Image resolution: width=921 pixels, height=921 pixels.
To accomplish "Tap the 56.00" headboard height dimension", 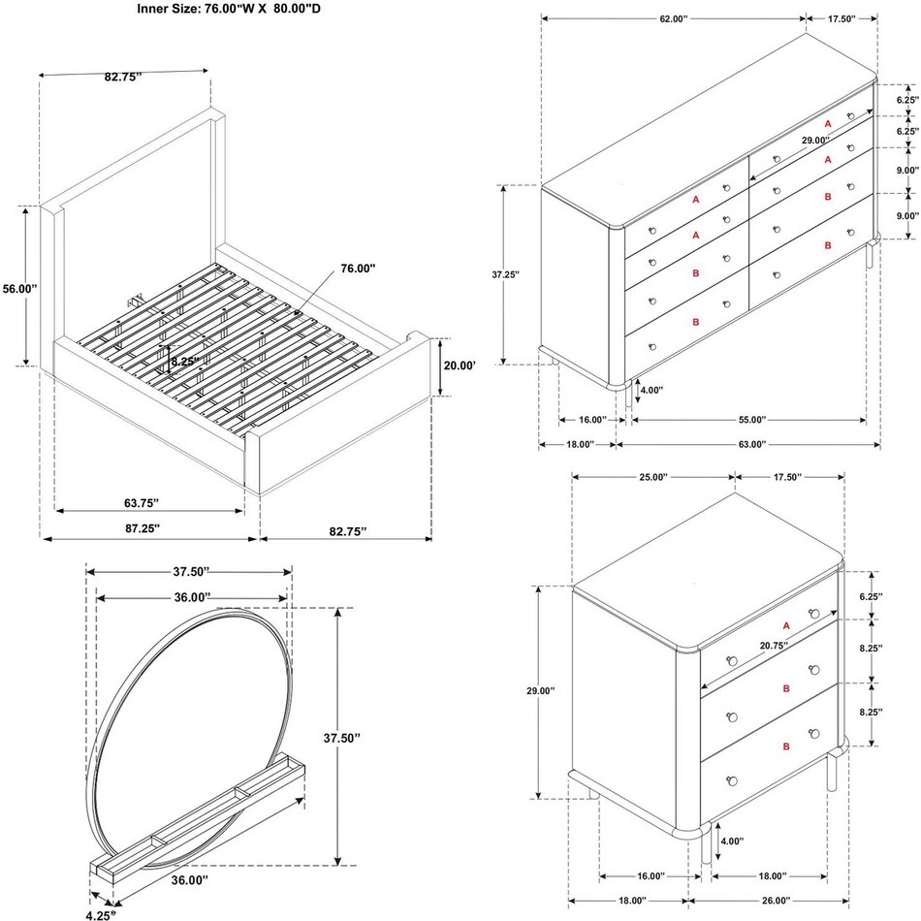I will click(x=19, y=288).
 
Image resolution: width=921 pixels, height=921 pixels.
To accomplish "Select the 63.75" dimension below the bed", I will click(x=142, y=502).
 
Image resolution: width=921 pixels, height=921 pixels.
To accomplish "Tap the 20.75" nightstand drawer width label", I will click(x=746, y=645).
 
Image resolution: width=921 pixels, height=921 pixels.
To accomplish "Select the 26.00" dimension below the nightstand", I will click(x=774, y=900).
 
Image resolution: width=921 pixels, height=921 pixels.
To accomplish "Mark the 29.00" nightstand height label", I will click(x=540, y=691).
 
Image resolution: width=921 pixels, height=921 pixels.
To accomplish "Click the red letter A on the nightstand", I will click(x=786, y=624).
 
